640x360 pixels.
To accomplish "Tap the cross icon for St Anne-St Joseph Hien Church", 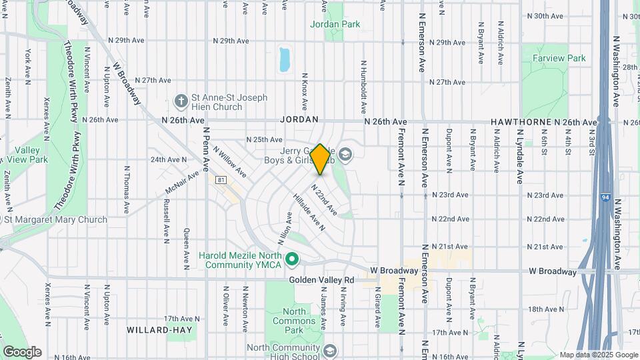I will coord(180,101).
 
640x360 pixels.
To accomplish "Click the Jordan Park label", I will coord(335,24).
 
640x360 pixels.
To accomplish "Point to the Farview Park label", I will coord(559,58).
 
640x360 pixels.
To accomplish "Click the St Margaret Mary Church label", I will coord(56,219).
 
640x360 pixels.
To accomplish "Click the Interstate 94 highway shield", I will coord(603,197).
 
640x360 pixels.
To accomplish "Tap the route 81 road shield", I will coord(221,180).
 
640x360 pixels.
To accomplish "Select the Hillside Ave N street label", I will coord(308,212).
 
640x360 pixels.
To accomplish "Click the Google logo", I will coord(22,351).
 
